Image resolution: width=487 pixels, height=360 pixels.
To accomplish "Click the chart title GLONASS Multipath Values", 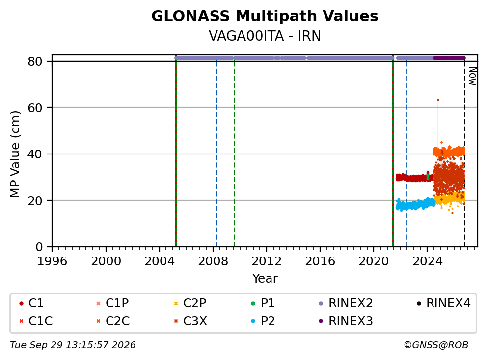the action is (265, 16).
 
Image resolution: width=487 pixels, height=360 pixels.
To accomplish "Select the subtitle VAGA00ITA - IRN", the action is (265, 36).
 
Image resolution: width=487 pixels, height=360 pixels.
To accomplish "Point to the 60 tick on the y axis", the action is (35, 108).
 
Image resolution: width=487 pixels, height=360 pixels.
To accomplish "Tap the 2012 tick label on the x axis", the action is (267, 261).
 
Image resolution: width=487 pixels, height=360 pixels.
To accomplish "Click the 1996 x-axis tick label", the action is (52, 261).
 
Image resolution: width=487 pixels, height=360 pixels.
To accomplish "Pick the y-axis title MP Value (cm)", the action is (15, 154).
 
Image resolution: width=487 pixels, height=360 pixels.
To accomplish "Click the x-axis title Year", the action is (265, 279).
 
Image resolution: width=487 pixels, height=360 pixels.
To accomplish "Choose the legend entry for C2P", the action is (190, 303).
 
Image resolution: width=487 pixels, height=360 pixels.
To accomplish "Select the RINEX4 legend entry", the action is (444, 303).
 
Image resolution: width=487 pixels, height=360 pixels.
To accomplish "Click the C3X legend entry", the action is (190, 321).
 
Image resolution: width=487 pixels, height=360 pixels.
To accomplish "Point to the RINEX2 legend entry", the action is (346, 303).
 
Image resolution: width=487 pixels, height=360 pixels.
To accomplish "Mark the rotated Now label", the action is (472, 77).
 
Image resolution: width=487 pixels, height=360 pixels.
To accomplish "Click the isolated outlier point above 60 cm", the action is (438, 100).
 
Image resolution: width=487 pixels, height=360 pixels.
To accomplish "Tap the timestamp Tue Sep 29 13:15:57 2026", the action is (73, 345).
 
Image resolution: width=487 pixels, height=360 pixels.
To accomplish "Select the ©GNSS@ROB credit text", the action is (436, 345).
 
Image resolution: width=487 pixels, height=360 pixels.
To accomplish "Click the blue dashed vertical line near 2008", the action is (217, 154).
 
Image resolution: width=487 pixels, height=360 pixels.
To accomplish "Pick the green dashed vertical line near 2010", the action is (235, 154).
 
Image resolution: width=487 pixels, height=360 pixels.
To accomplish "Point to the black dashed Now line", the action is (464, 154).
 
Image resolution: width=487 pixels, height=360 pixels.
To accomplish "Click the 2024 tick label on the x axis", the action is (427, 261).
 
